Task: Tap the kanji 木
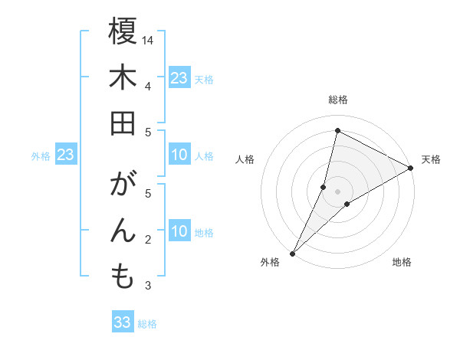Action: click(x=123, y=78)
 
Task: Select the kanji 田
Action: click(x=123, y=124)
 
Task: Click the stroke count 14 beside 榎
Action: click(x=148, y=40)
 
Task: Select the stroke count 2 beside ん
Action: click(x=148, y=240)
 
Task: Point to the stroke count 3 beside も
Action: click(x=148, y=286)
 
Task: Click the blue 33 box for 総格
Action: click(x=123, y=322)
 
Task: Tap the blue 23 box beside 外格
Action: click(x=66, y=155)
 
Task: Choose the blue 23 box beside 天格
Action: click(x=179, y=78)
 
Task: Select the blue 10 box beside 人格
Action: click(x=179, y=155)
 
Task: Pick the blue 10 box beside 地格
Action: click(x=179, y=232)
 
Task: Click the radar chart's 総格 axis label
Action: click(x=337, y=100)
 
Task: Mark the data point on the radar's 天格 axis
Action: click(x=411, y=168)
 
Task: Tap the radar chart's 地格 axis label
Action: click(x=402, y=263)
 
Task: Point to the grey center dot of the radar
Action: click(x=337, y=191)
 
